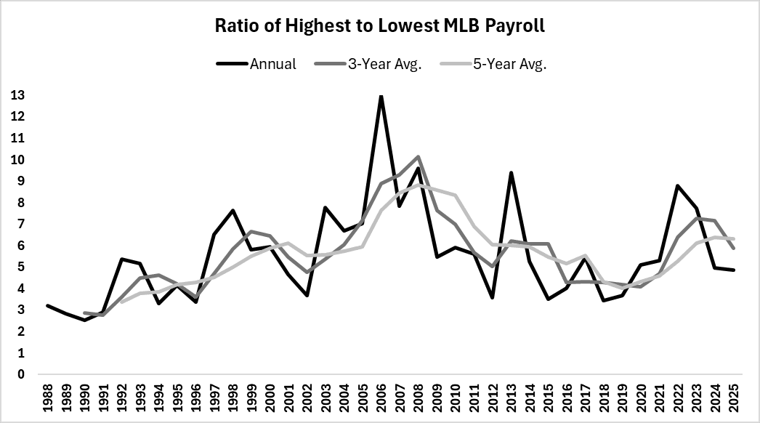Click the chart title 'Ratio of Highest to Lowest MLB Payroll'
click(x=380, y=26)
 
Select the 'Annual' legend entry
click(x=272, y=64)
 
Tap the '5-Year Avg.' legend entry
click(x=513, y=64)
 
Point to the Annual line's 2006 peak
click(x=381, y=96)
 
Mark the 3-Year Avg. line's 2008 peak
click(x=419, y=157)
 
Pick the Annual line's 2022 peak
click(x=677, y=186)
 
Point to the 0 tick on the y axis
click(x=20, y=374)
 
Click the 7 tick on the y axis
click(x=20, y=224)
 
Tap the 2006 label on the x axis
click(x=381, y=398)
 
